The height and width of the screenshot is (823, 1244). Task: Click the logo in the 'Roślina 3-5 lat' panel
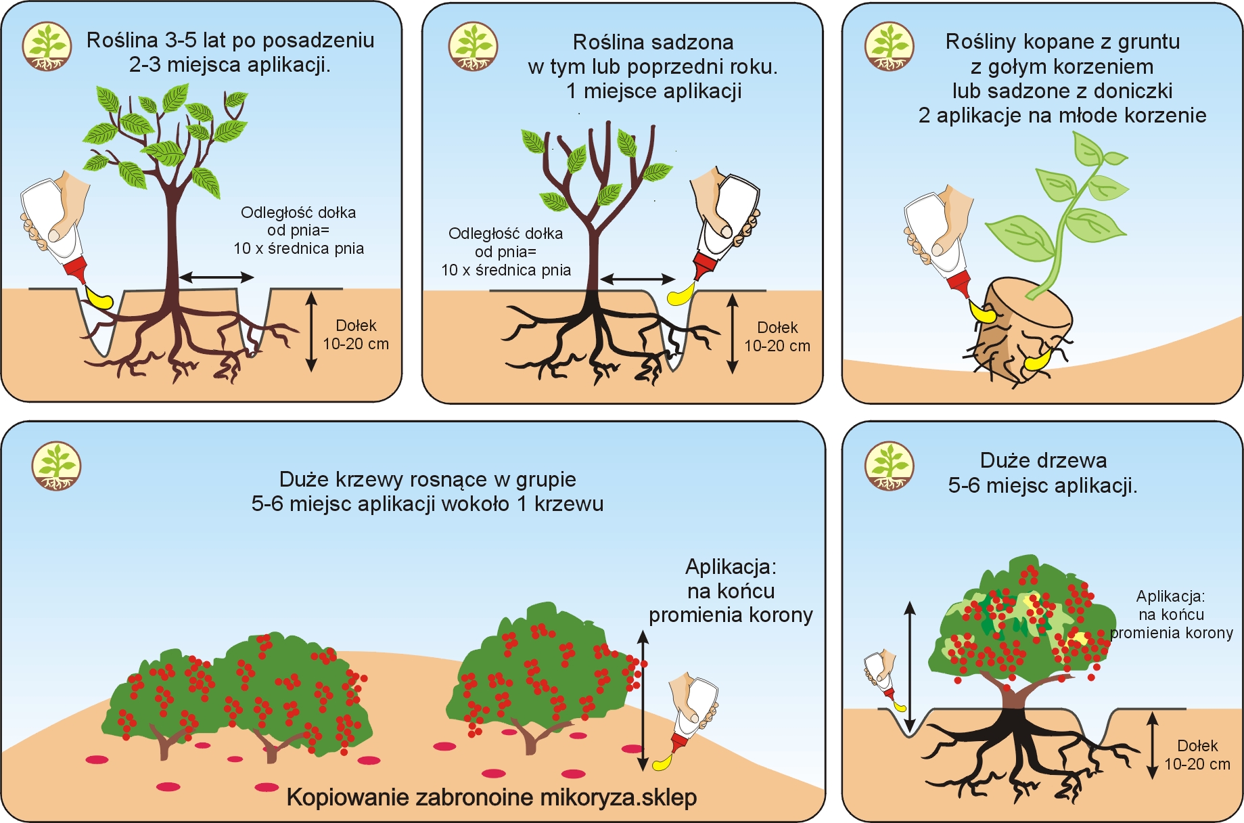pyautogui.click(x=47, y=46)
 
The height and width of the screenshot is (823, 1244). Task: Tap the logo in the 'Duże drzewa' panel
pyautogui.click(x=890, y=466)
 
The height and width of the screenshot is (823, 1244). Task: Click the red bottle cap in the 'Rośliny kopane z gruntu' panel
pyautogui.click(x=960, y=284)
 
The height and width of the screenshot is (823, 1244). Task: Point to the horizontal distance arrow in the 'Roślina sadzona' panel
pyautogui.click(x=637, y=279)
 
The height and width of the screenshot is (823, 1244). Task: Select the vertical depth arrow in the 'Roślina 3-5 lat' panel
pyautogui.click(x=311, y=332)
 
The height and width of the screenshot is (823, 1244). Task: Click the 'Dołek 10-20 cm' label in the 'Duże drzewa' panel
pyautogui.click(x=1197, y=755)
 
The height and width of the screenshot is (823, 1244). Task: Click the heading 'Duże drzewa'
pyautogui.click(x=1043, y=461)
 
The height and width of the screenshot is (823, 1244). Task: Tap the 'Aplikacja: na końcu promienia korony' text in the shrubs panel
pyautogui.click(x=731, y=591)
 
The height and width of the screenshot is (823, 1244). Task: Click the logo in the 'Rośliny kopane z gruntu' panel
pyautogui.click(x=890, y=46)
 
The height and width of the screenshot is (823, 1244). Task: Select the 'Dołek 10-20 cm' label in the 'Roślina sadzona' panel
pyautogui.click(x=777, y=336)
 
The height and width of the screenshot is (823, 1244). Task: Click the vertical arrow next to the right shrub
pyautogui.click(x=643, y=700)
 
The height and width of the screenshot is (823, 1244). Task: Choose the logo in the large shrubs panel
pyautogui.click(x=57, y=466)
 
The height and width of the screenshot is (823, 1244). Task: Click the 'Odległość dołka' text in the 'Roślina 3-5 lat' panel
pyautogui.click(x=298, y=213)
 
